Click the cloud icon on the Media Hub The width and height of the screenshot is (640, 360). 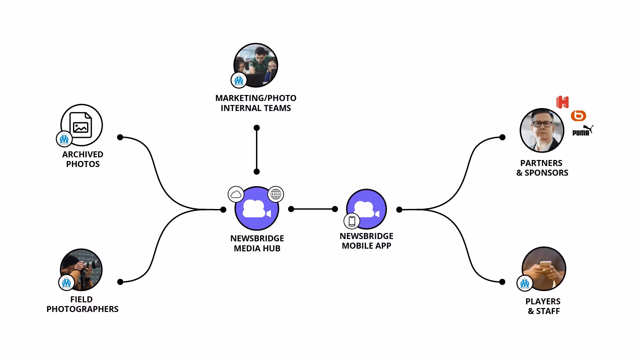[236, 194]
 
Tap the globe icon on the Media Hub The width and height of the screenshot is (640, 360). [276, 194]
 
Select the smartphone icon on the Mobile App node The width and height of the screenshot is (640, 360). [352, 221]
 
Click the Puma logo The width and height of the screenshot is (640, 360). [583, 131]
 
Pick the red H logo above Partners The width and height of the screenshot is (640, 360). [562, 102]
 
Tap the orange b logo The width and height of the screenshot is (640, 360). [578, 116]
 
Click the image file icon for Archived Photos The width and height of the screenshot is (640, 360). [81, 125]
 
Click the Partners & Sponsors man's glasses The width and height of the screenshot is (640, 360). [542, 124]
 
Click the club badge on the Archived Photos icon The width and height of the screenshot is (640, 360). [64, 139]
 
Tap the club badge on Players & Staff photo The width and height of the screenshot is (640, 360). [525, 283]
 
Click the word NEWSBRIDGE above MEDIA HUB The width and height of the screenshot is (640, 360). [257, 239]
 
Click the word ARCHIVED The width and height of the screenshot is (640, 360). [83, 155]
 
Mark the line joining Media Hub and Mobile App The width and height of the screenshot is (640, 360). [313, 209]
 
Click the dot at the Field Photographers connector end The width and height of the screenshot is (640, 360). [120, 282]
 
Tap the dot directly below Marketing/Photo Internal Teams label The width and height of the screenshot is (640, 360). [257, 128]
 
